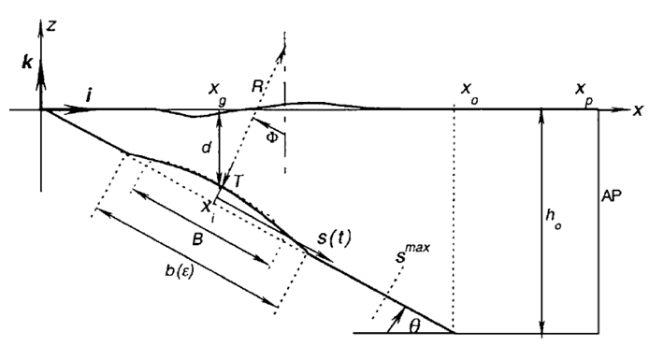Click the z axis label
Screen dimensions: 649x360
click(x=51, y=26)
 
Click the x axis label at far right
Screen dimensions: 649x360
click(x=638, y=110)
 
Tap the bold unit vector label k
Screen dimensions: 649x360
click(x=27, y=63)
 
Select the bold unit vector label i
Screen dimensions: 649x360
click(x=88, y=95)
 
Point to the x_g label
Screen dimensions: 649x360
click(x=218, y=93)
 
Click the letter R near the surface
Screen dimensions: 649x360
click(x=257, y=86)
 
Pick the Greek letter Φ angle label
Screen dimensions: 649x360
click(x=271, y=137)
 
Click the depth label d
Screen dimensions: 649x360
click(x=206, y=147)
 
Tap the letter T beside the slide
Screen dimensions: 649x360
click(x=238, y=180)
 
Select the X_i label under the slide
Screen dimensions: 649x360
click(x=208, y=209)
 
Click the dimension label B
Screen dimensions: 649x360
click(x=198, y=239)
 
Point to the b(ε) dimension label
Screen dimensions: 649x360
click(x=180, y=270)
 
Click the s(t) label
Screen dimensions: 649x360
click(x=334, y=238)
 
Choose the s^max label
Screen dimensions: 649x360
click(x=412, y=252)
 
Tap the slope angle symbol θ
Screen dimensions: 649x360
click(x=414, y=326)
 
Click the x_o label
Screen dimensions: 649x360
click(x=469, y=93)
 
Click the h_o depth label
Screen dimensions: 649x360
click(x=553, y=219)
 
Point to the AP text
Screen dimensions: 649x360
click(x=612, y=195)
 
